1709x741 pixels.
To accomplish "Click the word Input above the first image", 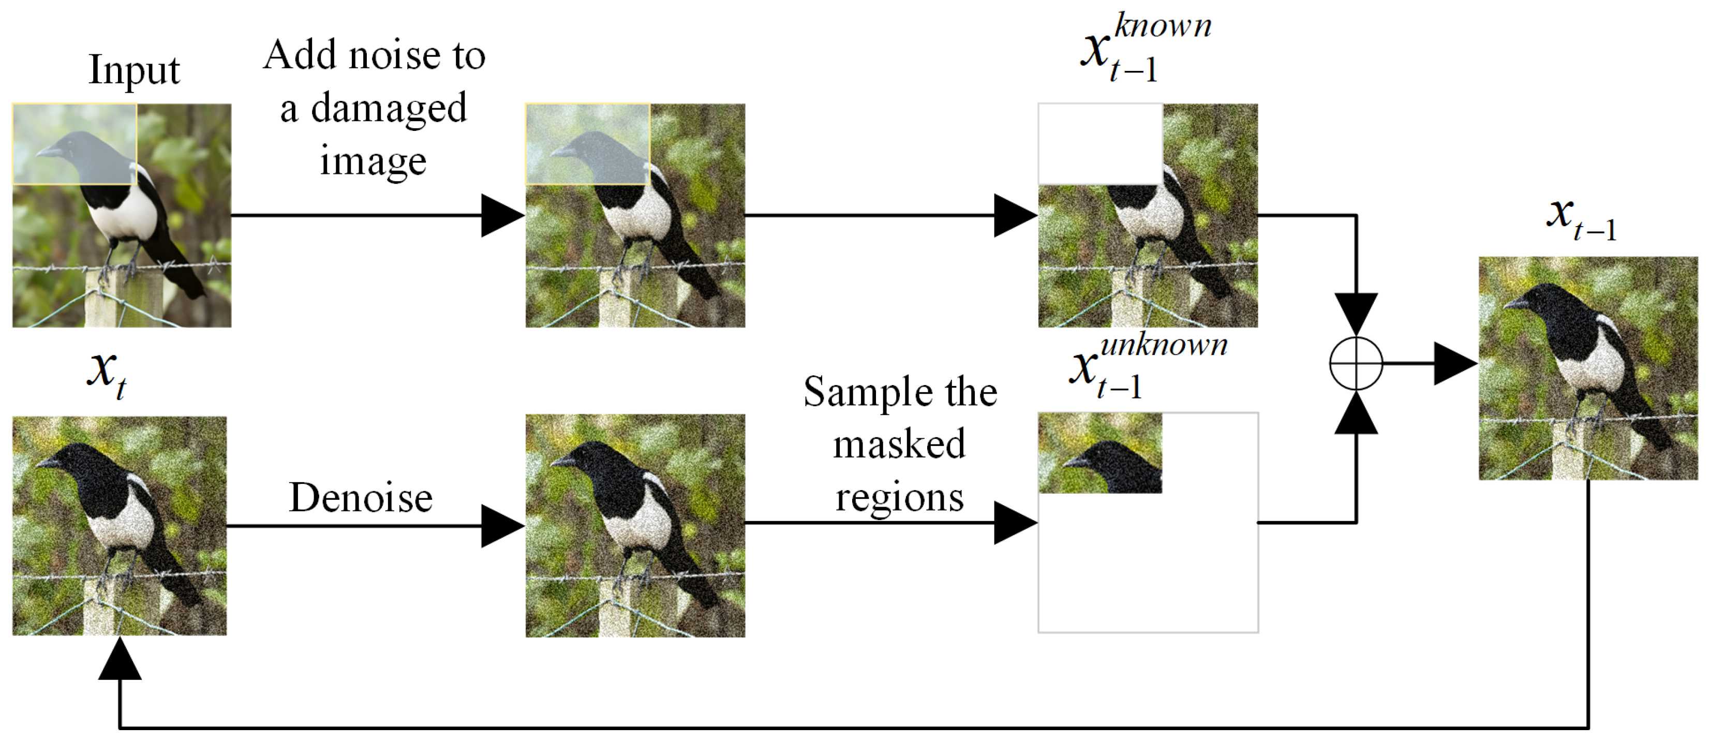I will coord(134,70).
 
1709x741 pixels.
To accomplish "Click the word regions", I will coord(899,498).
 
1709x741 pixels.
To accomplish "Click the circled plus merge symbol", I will coord(1356,364).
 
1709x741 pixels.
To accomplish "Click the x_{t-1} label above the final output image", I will coord(1582,219).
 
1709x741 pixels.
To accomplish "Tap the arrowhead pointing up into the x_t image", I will coord(120,660).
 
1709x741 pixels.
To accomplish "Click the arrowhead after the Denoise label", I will coord(501,526).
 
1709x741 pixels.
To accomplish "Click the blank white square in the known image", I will coord(1100,143).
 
